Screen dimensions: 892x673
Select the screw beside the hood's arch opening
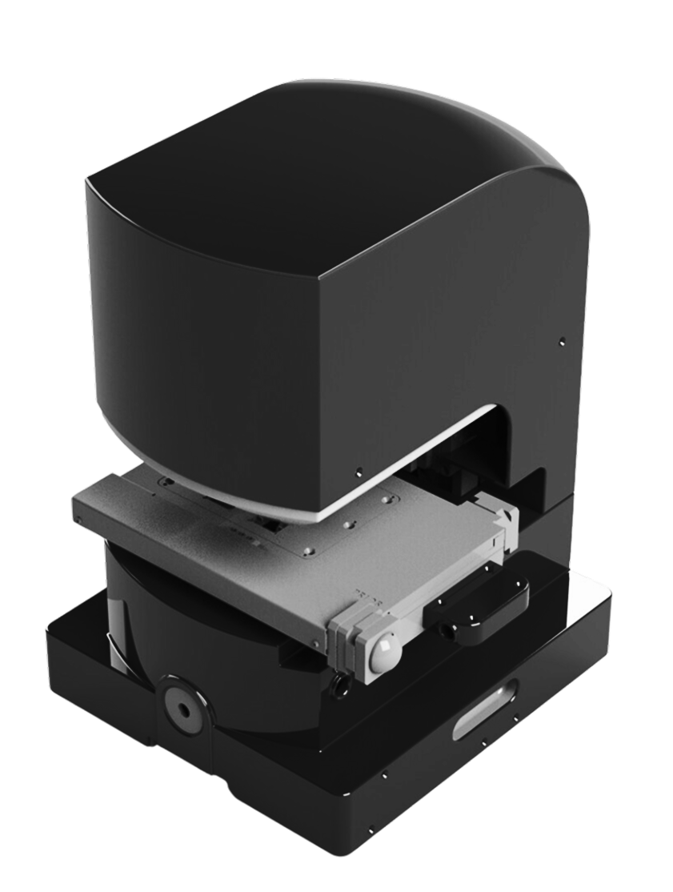pos(360,470)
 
